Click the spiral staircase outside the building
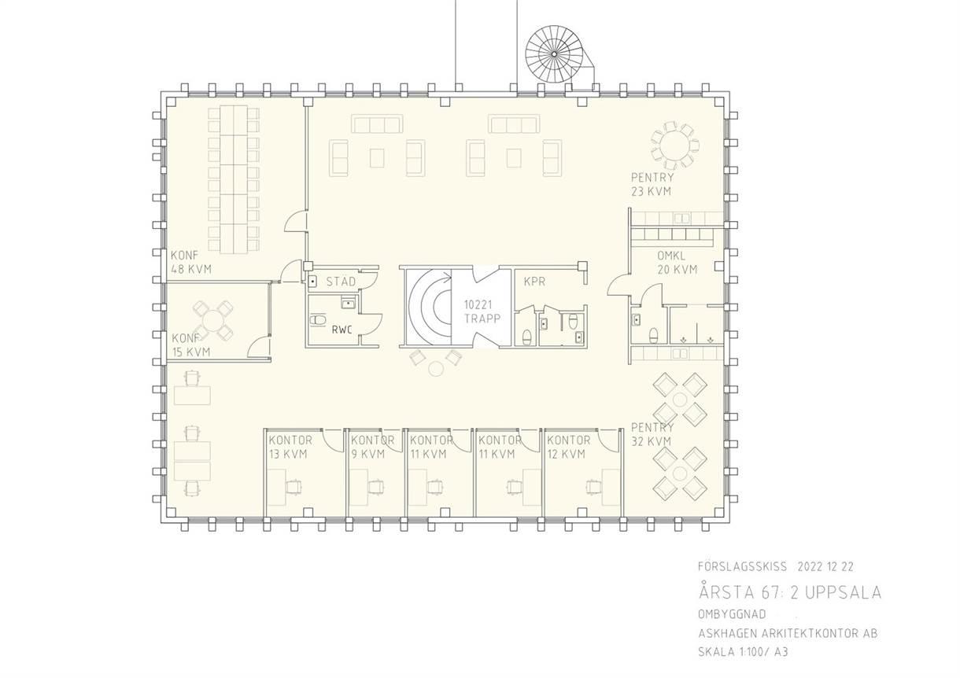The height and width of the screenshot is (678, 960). click(554, 54)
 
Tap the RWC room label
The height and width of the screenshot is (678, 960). click(342, 330)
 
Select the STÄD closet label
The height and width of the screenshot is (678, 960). click(341, 282)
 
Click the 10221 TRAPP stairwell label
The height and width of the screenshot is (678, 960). click(482, 311)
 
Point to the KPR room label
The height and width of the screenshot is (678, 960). click(534, 282)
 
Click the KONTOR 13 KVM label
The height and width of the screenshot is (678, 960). click(290, 447)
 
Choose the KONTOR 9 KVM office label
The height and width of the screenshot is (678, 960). click(372, 447)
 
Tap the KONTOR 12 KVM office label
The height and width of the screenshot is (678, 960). click(568, 447)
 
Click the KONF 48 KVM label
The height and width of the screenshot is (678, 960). click(191, 262)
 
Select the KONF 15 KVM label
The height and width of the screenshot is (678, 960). click(191, 345)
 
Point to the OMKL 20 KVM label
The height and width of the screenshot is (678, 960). click(678, 263)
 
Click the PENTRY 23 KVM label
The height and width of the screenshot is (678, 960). click(652, 184)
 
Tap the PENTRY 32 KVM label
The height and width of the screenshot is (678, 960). click(652, 434)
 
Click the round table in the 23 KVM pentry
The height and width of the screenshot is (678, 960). click(674, 146)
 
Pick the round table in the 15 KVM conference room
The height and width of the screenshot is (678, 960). click(212, 320)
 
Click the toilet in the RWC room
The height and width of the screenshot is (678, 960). click(318, 319)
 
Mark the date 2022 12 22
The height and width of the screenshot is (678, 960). click(825, 566)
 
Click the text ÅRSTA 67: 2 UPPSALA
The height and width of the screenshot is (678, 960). click(790, 592)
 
